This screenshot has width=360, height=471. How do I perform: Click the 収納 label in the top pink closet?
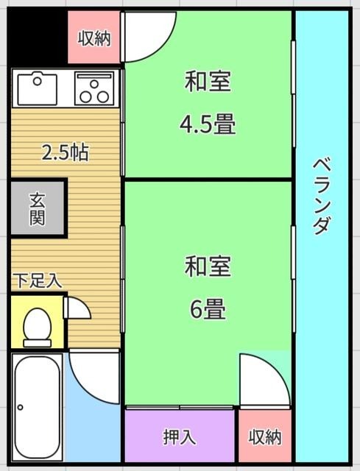pos(95,38)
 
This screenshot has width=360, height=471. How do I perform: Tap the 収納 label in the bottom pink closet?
pos(264,436)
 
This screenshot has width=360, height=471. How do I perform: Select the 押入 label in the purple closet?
pos(180,436)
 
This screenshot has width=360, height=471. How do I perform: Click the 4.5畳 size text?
pos(208,124)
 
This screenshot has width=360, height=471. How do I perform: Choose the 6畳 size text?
pos(208,310)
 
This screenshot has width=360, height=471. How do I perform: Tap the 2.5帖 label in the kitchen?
pos(65,153)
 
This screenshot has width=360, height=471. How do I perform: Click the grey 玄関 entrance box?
pos(38,208)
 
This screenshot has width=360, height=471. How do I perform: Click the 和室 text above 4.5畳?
pos(208,82)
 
